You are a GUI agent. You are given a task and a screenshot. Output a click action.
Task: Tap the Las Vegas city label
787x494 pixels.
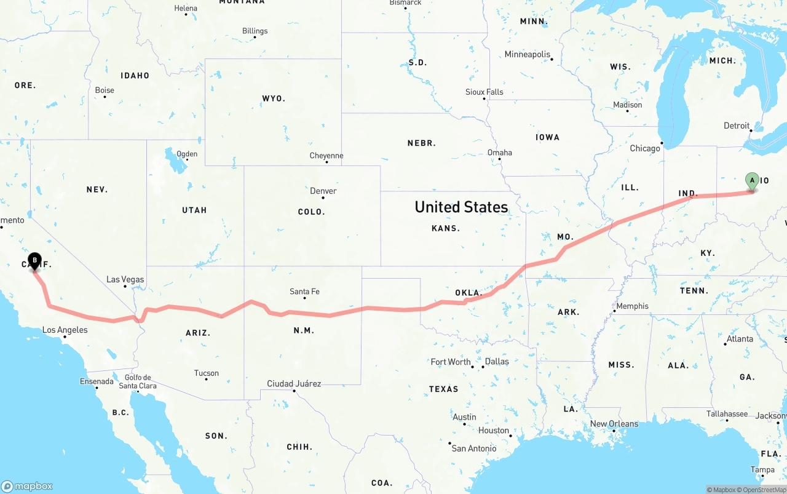click(125, 279)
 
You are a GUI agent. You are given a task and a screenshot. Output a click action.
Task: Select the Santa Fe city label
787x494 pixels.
click(304, 292)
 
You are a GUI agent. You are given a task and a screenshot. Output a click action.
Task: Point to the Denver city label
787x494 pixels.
click(323, 191)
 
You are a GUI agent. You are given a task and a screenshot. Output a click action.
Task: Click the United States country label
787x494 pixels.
click(461, 207)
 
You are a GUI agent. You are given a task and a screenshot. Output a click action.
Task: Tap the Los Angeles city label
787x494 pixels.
click(65, 330)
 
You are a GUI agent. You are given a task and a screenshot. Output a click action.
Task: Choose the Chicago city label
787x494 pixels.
click(645, 148)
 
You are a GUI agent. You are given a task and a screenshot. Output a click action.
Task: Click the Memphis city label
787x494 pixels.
click(632, 306)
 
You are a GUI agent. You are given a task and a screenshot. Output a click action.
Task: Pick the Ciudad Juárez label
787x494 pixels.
click(294, 384)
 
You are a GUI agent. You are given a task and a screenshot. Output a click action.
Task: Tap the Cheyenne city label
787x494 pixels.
click(326, 156)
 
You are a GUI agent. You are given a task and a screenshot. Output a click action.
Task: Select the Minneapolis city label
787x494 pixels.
click(527, 54)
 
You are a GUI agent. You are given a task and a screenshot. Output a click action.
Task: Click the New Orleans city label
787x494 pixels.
click(614, 424)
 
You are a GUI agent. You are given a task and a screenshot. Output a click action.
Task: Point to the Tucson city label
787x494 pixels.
click(206, 373)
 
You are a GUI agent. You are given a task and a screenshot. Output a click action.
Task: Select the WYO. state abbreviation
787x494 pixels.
click(274, 98)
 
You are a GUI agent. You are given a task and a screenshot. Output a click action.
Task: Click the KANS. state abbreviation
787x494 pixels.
click(446, 228)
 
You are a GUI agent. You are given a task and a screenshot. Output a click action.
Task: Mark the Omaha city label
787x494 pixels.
click(499, 153)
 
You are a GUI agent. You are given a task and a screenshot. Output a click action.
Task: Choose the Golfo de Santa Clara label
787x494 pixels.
click(138, 381)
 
